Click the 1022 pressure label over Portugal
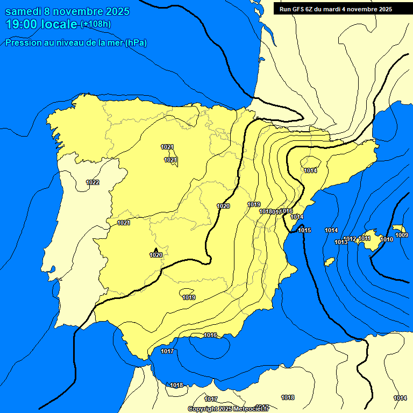92,182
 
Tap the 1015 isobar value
304,230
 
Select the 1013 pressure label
341,242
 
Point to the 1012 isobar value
350,239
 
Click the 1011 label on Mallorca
365,238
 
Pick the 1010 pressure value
387,239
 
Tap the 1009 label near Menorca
401,235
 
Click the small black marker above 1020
156,250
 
